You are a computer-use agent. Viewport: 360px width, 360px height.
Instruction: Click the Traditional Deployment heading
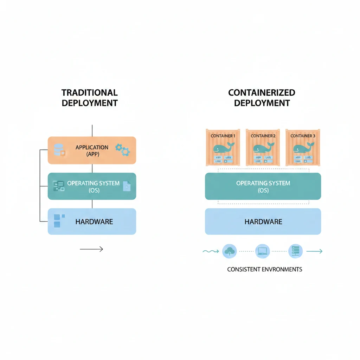point(90,98)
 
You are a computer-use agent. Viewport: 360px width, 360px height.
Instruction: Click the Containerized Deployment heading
point(262,98)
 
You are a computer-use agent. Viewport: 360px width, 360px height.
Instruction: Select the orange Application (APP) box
point(92,150)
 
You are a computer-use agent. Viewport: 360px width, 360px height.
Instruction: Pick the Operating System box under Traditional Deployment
point(92,186)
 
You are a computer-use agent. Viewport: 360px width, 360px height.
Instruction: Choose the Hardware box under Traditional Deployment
point(92,221)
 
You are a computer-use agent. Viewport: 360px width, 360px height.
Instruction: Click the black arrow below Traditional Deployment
point(91,249)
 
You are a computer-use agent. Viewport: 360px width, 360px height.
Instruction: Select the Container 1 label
point(223,136)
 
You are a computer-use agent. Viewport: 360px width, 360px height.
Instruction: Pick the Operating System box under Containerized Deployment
point(263,186)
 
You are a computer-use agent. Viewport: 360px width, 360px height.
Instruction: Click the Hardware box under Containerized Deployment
point(263,221)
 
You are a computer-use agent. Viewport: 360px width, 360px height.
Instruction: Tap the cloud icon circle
point(230,251)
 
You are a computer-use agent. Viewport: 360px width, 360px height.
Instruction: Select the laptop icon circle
point(263,251)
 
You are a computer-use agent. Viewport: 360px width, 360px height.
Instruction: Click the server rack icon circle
point(295,251)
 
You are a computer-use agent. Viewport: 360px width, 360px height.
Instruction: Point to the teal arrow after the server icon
point(314,251)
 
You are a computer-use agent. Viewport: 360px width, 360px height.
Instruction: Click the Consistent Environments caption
point(264,269)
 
